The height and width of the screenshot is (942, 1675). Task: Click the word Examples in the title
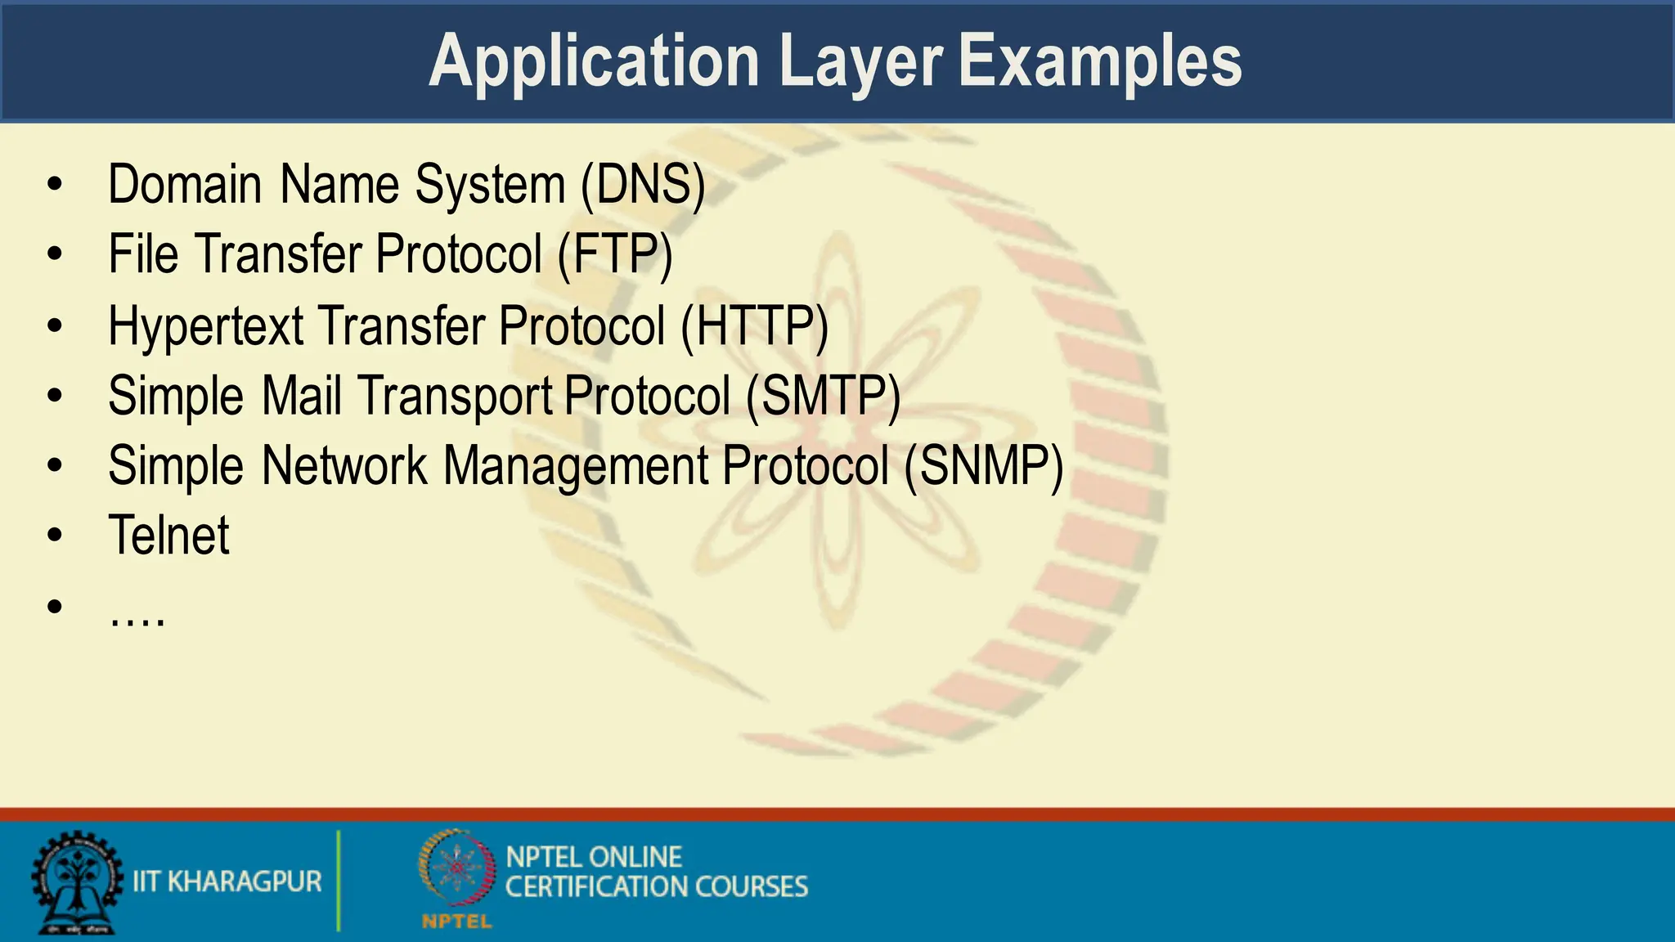point(1099,62)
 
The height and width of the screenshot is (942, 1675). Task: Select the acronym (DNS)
point(643,185)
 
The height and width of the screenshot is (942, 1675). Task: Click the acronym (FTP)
point(615,255)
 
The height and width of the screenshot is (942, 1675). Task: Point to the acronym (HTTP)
point(755,326)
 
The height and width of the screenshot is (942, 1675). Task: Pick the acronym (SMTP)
point(823,397)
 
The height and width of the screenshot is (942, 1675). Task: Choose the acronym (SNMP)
point(984,467)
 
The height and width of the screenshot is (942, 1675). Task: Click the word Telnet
point(169,536)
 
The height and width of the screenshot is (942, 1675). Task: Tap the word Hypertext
point(206,326)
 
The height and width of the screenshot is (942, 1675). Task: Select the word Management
point(576,467)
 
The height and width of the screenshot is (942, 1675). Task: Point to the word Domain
point(185,185)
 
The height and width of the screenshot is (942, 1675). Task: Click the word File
point(143,255)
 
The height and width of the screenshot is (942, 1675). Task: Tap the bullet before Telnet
point(55,536)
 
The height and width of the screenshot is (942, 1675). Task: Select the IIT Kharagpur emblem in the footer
point(76,883)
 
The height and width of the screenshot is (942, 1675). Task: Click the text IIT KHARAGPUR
point(227,881)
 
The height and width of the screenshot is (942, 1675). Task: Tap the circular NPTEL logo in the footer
point(457,868)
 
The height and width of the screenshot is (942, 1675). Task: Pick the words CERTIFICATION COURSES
point(656,887)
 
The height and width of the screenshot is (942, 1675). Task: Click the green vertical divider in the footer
point(339,881)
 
